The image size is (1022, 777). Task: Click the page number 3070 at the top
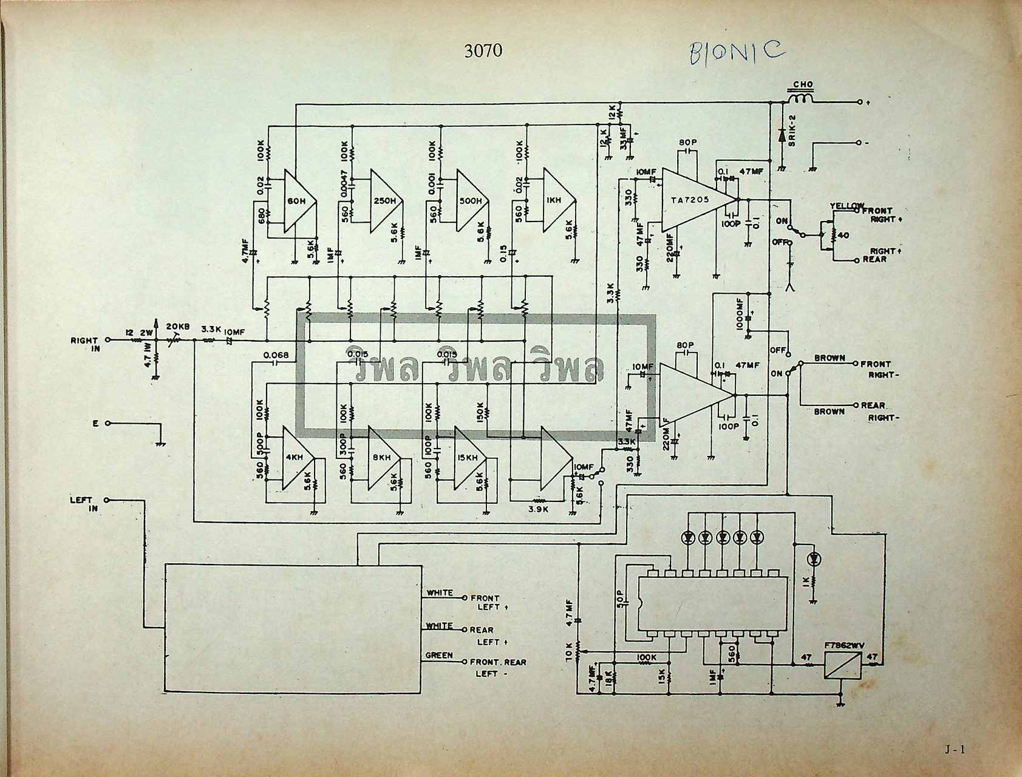click(x=483, y=50)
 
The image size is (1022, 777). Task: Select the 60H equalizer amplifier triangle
click(x=298, y=201)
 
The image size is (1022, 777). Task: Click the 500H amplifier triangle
click(x=471, y=201)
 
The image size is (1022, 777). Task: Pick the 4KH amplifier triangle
click(x=298, y=458)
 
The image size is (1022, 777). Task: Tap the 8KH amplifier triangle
click(x=383, y=458)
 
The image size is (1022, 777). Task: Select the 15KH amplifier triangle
click(x=469, y=458)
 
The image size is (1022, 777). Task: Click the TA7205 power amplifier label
click(x=690, y=200)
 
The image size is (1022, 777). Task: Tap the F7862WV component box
click(x=843, y=665)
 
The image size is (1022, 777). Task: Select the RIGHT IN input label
click(x=86, y=344)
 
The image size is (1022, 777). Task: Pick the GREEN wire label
click(x=438, y=656)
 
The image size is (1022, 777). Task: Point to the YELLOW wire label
click(x=847, y=206)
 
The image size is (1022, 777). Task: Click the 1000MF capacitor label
click(x=739, y=314)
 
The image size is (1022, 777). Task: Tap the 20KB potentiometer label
click(x=177, y=327)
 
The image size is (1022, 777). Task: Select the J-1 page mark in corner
click(x=955, y=750)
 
